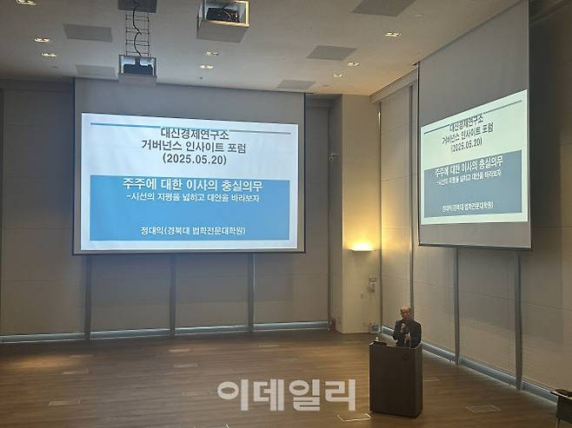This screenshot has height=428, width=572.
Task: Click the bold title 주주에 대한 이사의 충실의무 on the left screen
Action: [x=189, y=185]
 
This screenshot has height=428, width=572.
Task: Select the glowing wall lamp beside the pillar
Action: [x=362, y=247]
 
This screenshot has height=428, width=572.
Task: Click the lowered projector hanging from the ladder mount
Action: [x=137, y=66]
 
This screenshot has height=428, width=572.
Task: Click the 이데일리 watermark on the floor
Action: [x=286, y=394]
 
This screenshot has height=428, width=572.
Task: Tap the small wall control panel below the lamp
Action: [x=371, y=284]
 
